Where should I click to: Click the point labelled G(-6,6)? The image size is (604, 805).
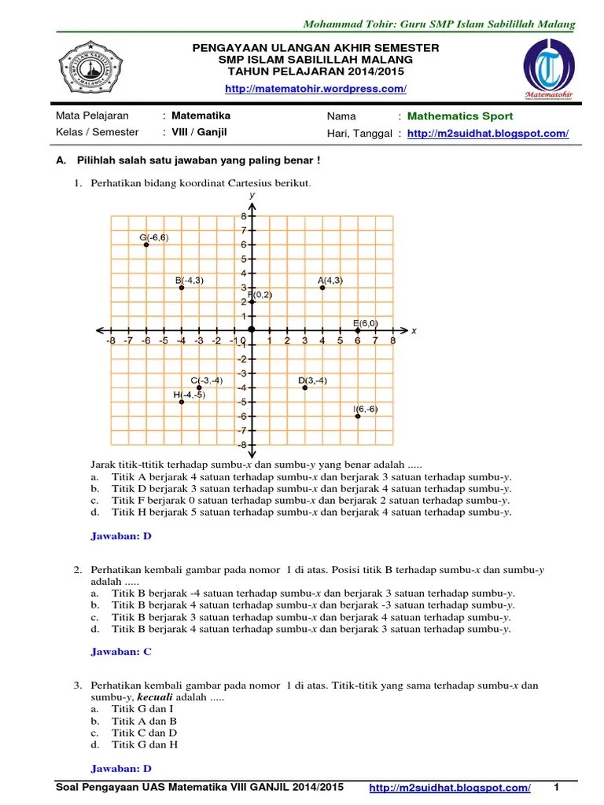point(146,245)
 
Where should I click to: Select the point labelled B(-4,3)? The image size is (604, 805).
point(182,288)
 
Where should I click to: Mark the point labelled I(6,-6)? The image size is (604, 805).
point(358,416)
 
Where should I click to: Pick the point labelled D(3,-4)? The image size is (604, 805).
point(305,388)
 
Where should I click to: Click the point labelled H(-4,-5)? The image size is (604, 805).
point(182,402)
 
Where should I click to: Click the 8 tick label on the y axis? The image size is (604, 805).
point(244,216)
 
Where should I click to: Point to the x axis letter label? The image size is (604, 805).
point(414,331)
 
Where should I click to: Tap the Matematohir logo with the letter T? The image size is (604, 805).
point(548,72)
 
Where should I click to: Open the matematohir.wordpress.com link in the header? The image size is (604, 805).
point(315,90)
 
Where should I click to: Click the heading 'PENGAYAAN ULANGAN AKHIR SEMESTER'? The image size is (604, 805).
point(315,49)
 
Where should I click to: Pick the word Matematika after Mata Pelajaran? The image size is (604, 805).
point(201,116)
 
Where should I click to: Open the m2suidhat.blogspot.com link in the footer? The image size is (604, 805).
point(449,788)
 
